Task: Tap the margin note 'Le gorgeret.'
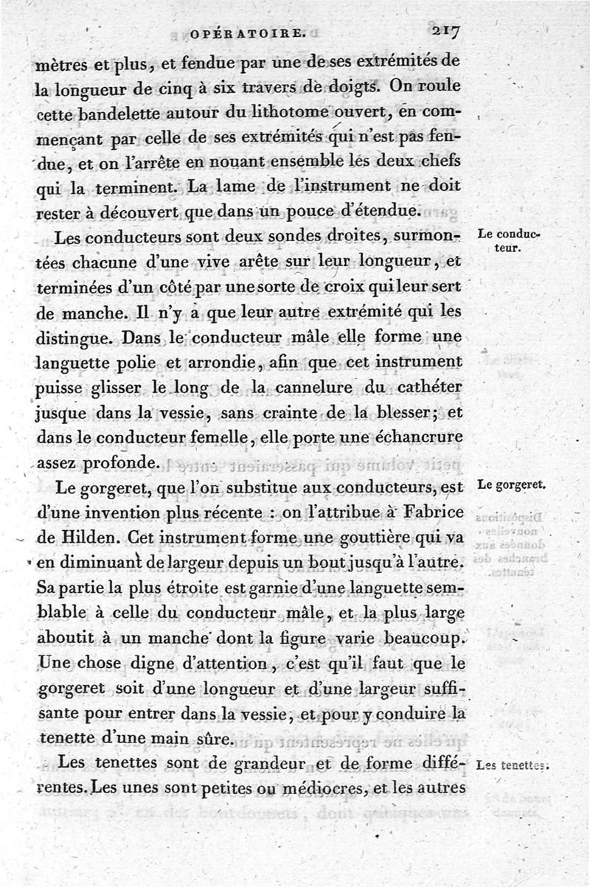click(x=510, y=485)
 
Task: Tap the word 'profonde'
click(x=117, y=465)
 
